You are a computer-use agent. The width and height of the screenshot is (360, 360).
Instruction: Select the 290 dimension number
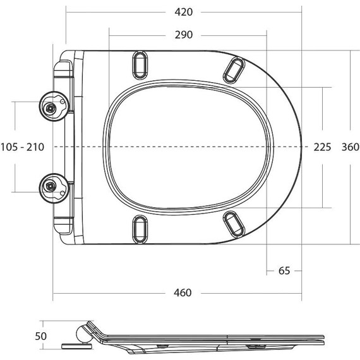(183, 34)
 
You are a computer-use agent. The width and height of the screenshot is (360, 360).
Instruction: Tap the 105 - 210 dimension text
(23, 147)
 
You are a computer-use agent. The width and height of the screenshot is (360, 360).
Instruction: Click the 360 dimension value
(350, 147)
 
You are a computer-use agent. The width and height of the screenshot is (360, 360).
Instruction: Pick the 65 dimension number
(284, 270)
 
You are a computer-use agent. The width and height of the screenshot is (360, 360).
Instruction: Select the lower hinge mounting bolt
(51, 185)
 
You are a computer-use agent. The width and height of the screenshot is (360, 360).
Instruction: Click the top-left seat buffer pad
(140, 66)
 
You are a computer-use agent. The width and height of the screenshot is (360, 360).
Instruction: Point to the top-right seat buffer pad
(233, 69)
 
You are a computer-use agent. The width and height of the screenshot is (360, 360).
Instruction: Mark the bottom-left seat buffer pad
(140, 228)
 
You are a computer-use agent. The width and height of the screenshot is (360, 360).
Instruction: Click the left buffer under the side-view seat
(163, 345)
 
